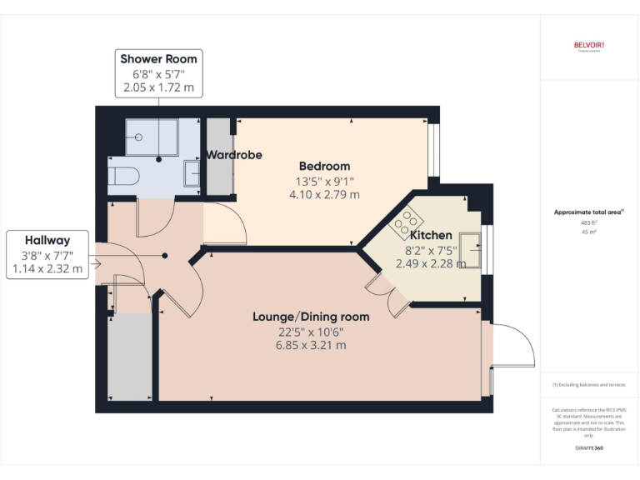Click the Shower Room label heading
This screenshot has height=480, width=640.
158,58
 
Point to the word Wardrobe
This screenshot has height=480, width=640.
234,155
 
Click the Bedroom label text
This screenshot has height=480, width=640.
325,166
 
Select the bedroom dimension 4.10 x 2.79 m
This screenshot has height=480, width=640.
325,194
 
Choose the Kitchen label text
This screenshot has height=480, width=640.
431,236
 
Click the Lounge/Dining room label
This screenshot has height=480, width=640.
311,317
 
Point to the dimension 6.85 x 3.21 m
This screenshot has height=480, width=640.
311,345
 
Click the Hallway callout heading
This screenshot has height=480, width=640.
47,239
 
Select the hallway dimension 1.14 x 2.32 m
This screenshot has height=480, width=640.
47,268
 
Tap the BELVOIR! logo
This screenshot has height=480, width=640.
589,45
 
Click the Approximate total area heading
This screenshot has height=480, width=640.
587,212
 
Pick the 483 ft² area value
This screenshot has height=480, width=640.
589,222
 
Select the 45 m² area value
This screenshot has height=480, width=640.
589,232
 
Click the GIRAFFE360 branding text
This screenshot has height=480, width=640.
588,448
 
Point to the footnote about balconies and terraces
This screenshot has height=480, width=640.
588,384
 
